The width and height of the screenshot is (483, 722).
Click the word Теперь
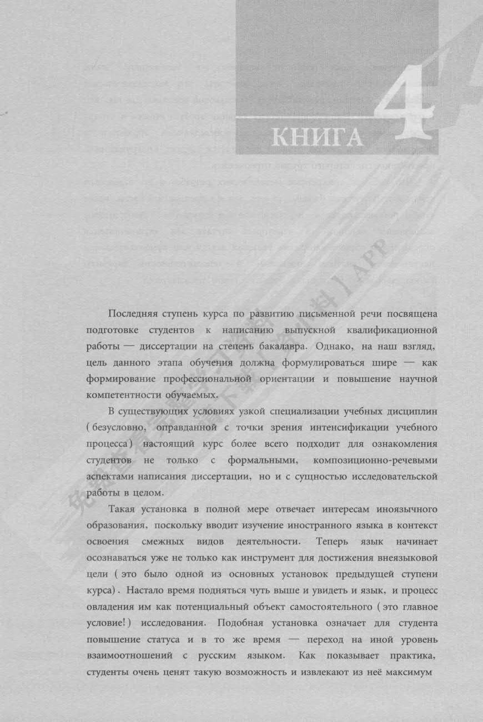coord(333,541)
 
